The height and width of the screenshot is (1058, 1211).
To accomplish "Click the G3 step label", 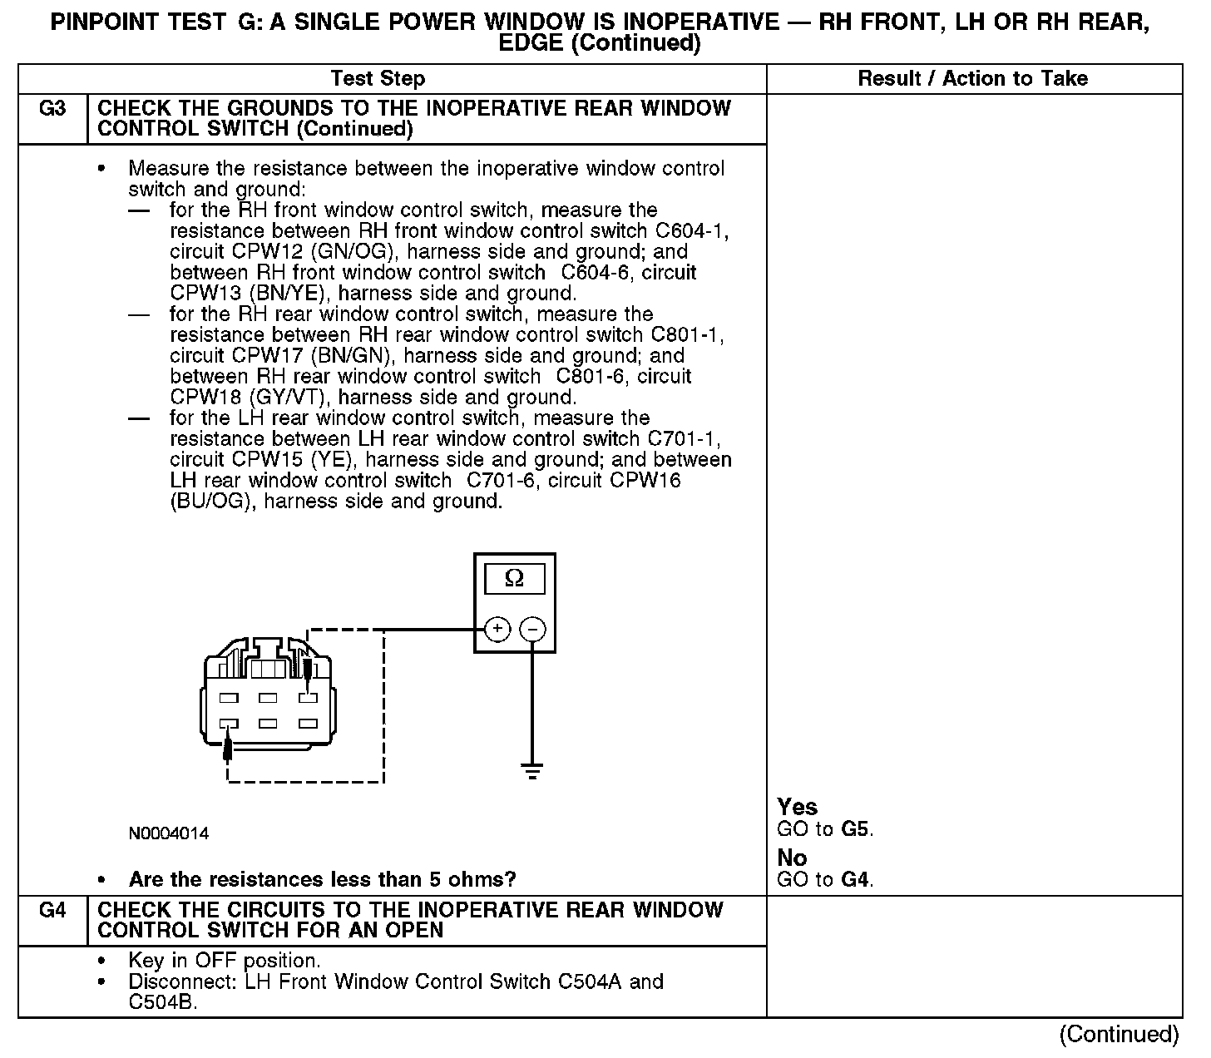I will tap(52, 109).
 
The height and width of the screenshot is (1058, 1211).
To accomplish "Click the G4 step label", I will tap(52, 911).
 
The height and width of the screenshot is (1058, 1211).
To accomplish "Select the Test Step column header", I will tap(378, 79).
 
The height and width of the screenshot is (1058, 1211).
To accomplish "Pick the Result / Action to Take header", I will tap(972, 79).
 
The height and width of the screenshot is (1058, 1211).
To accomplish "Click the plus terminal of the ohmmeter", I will tap(497, 630).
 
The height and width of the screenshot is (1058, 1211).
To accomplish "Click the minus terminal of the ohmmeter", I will tap(533, 630).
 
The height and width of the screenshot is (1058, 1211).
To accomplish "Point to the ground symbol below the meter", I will tap(532, 770).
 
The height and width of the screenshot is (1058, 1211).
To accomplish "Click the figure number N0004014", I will tap(169, 833).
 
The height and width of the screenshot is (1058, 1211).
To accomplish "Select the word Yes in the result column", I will tap(797, 807).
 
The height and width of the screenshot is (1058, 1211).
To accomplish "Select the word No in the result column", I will tap(792, 858).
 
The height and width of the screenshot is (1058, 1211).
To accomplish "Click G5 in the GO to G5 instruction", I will tap(857, 829).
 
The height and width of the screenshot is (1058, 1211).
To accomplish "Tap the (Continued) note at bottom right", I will tap(1119, 1035).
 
